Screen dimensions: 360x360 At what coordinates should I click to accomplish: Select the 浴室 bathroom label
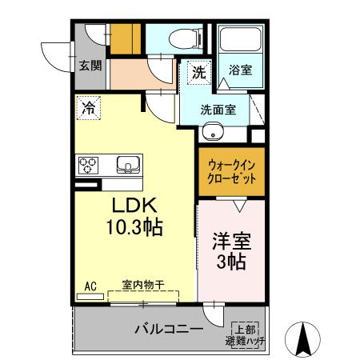[240, 70]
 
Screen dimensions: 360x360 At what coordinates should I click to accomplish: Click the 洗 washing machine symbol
[198, 72]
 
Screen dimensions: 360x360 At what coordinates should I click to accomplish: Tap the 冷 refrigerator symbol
[89, 106]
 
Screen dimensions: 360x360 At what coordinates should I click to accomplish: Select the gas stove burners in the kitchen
[88, 166]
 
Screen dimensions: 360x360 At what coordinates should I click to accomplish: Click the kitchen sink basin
[128, 166]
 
